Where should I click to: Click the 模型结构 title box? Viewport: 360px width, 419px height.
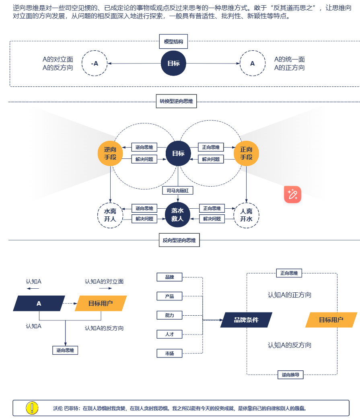[x=173, y=41]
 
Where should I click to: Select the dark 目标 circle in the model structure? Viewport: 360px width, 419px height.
[x=173, y=63]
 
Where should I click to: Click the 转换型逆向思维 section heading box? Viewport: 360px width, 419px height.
[x=177, y=101]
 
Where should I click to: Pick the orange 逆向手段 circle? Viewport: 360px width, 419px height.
[x=110, y=153]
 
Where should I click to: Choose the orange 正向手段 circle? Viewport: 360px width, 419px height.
[x=246, y=153]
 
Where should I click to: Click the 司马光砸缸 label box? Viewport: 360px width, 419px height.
[x=178, y=191]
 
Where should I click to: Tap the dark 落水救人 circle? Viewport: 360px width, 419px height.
[x=177, y=215]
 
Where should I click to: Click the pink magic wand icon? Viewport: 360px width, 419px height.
[x=292, y=195]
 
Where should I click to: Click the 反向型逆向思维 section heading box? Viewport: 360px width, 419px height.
[x=179, y=240]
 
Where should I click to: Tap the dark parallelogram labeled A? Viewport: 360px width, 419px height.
[x=39, y=303]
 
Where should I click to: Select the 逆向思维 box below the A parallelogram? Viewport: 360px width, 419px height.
[x=65, y=350]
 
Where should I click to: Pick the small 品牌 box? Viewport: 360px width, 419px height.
[x=169, y=277]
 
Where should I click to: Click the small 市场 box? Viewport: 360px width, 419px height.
[x=169, y=353]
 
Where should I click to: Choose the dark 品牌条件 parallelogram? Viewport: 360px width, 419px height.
[x=246, y=320]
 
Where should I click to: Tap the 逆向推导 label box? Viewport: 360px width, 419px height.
[x=290, y=375]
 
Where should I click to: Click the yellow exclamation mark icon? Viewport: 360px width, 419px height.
[x=32, y=408]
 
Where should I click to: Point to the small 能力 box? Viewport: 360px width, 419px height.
[x=169, y=315]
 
